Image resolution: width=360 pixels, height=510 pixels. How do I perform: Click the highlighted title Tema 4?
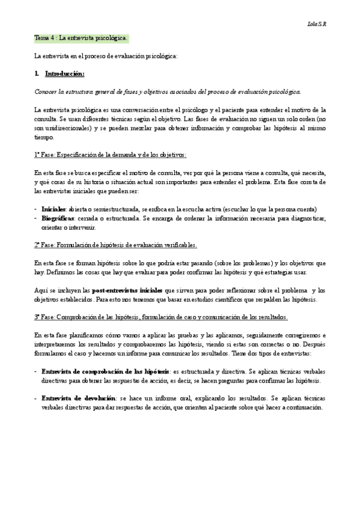81,38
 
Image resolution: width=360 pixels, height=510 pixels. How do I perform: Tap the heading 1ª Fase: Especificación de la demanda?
110,155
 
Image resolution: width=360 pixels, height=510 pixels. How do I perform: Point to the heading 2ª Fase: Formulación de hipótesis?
115,245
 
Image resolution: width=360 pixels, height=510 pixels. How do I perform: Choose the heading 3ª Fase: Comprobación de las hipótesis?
161,317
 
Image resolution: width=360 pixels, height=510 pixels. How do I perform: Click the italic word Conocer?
46,91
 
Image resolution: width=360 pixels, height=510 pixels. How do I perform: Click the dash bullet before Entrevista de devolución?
36,398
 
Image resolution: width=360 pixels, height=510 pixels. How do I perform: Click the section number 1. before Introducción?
37,73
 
